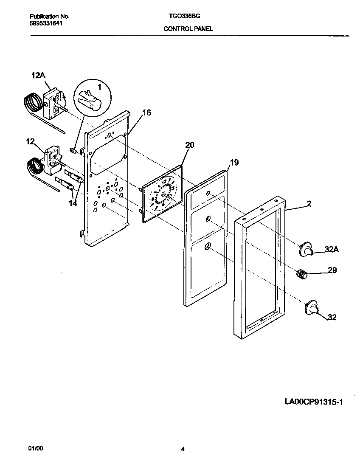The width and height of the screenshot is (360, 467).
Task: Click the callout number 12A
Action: pos(38,75)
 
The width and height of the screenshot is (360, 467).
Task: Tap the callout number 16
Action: pos(146,113)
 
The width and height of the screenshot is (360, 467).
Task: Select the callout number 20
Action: pos(189,145)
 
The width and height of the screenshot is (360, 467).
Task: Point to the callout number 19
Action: pos(234,162)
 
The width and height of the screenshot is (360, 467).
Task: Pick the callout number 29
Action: pos(332,270)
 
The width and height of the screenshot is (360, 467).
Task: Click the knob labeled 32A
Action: pos(306,249)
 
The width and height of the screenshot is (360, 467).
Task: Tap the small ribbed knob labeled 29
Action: pos(301,274)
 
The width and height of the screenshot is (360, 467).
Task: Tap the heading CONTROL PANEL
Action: pos(188,29)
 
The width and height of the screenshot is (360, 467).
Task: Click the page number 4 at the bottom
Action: pos(182,449)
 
